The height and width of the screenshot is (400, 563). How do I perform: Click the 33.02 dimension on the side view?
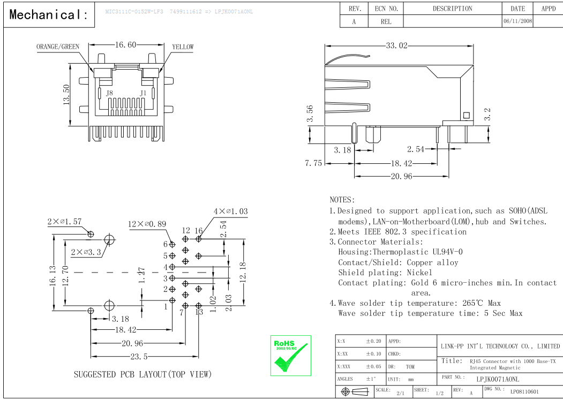[x=397, y=46]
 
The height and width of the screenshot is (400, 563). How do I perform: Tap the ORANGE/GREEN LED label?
[x=58, y=47]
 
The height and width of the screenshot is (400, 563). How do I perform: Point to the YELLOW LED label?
[x=183, y=47]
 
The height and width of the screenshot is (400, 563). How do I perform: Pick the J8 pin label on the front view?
[x=109, y=93]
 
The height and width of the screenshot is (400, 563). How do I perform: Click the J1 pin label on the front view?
[x=143, y=93]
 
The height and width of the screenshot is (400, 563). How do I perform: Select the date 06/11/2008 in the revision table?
[x=517, y=22]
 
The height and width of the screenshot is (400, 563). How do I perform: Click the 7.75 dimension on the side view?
[x=313, y=163]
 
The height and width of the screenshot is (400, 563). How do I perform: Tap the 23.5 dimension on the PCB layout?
[x=138, y=357]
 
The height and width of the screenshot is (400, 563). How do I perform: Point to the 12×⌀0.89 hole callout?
[x=147, y=224]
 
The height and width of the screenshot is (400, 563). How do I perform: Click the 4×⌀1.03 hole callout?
[x=230, y=212]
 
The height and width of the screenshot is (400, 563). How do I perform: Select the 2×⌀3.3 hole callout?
[x=86, y=252]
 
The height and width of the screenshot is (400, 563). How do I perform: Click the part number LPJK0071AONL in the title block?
[x=498, y=379]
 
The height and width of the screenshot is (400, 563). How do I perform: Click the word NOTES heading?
[x=342, y=200]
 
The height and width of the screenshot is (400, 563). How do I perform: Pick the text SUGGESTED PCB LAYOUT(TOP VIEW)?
[x=142, y=374]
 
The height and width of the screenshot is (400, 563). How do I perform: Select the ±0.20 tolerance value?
[x=373, y=341]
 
